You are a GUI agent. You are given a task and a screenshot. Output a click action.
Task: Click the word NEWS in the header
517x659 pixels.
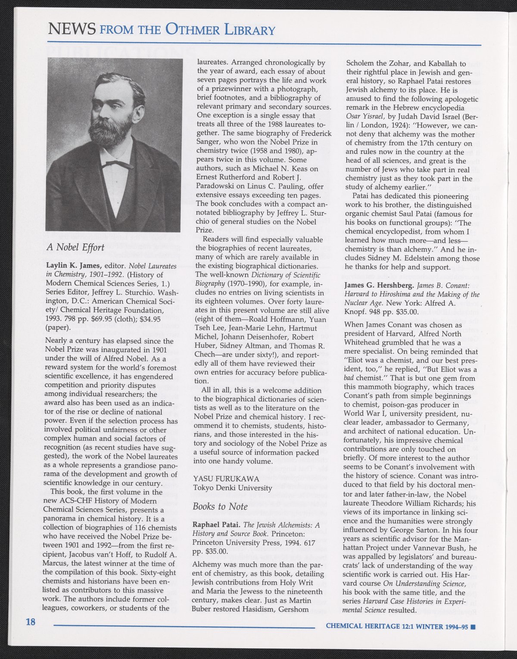72,30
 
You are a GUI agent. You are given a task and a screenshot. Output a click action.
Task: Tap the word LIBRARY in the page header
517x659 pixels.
250,30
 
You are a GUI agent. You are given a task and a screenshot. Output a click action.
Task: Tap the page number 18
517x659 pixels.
30,622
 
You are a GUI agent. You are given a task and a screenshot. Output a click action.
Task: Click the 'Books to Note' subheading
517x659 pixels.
220,507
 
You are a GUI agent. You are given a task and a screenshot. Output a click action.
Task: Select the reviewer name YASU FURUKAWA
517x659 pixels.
226,479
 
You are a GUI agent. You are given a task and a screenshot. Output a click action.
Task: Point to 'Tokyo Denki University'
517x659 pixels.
233,488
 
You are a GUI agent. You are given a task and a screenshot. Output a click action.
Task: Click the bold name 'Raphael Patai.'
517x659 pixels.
216,525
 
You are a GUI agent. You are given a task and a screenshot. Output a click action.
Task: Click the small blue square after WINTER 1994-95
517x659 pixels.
473,627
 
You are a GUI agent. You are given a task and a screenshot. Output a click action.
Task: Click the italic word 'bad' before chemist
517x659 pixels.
349,379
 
